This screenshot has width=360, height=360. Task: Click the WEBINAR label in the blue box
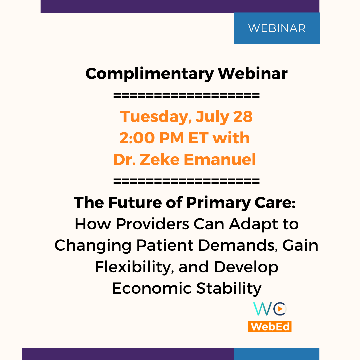[277, 28]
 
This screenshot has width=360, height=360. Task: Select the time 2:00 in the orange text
[137, 138]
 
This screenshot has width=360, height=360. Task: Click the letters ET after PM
[198, 138]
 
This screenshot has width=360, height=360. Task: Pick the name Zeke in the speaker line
[160, 159]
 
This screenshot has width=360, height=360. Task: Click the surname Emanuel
[220, 159]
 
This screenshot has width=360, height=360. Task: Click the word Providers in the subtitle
[152, 224]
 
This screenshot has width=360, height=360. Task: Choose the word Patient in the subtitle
[165, 245]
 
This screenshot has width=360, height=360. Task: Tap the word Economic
[152, 288]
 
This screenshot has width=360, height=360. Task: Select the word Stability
[229, 289]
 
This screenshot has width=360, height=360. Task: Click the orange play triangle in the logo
[280, 309]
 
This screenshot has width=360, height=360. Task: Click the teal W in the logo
[262, 309]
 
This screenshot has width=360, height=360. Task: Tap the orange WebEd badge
[270, 326]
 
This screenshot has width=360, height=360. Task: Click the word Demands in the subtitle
[238, 245]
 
